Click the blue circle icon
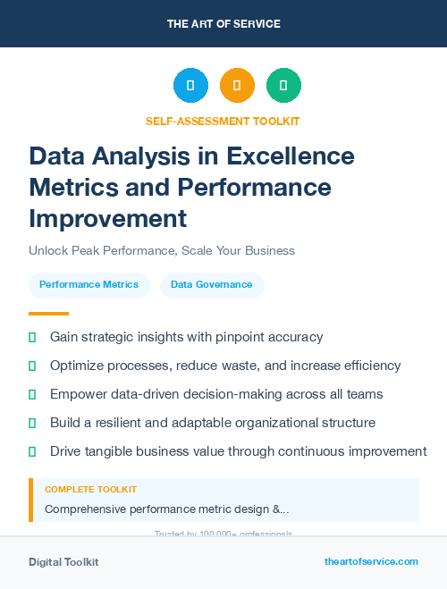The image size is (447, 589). tap(190, 86)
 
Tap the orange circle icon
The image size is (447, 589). tap(237, 86)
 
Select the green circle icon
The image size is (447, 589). tap(283, 86)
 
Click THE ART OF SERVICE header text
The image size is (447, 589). tap(223, 23)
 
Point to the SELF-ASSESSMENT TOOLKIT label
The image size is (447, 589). tap(223, 121)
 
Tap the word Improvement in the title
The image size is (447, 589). tap(108, 218)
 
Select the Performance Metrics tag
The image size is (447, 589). tap(89, 284)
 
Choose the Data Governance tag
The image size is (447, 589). tap(212, 284)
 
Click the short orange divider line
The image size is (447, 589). tap(48, 314)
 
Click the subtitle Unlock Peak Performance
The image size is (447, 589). tap(162, 250)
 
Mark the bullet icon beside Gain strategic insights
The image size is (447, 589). tap(32, 337)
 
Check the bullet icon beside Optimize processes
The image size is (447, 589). tap(32, 366)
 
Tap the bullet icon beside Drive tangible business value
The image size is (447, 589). tap(32, 451)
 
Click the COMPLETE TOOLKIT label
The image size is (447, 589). tap(91, 490)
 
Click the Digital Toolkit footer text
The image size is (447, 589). tap(63, 562)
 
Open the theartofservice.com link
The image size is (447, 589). tap(371, 561)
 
